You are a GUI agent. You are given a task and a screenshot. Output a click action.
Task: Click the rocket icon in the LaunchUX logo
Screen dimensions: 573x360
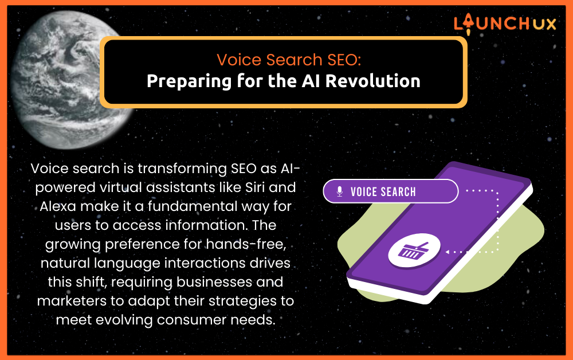tap(468, 24)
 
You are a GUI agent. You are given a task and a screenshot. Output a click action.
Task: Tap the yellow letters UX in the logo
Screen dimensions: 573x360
tap(544, 24)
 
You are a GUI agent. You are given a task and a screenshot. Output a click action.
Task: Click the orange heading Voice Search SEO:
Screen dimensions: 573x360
tap(289, 60)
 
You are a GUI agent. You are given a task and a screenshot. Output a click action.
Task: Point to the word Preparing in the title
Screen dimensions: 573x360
tap(189, 81)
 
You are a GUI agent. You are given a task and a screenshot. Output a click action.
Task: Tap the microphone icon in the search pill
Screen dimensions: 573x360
tap(339, 191)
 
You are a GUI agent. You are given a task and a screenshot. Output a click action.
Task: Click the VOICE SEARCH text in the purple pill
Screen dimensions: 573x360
tap(383, 191)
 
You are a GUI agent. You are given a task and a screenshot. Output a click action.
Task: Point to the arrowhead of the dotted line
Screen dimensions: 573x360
tap(448, 252)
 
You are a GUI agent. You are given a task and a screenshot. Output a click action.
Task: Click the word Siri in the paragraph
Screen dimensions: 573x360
tap(255, 187)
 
